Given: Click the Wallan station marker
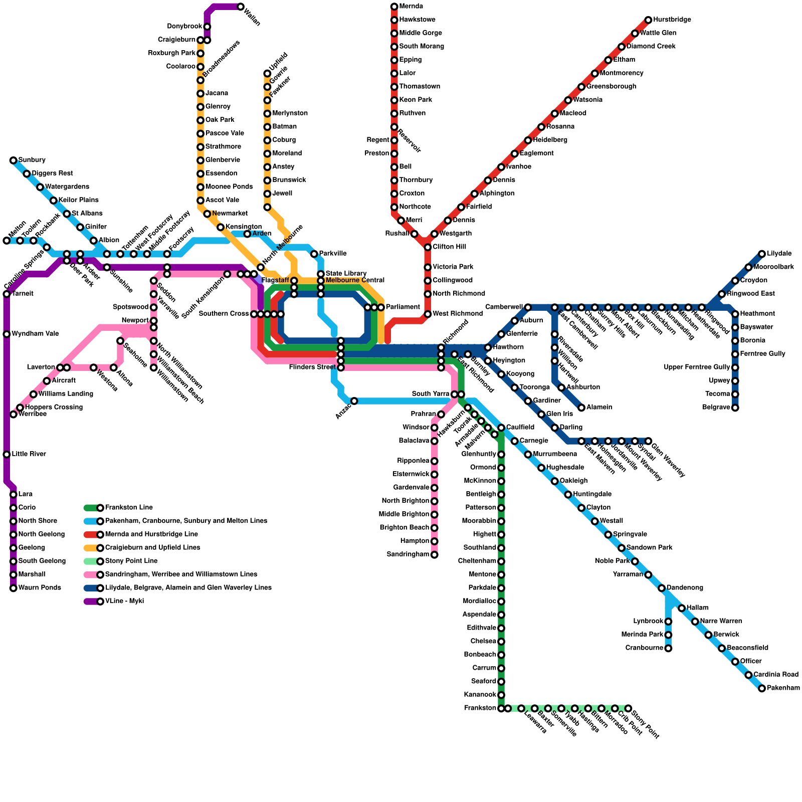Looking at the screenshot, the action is point(241,7).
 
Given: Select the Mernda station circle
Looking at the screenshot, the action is point(394,7).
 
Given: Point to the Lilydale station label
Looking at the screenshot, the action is point(779,254).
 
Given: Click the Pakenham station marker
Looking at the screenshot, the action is point(762,688).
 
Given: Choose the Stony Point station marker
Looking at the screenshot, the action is point(628,708).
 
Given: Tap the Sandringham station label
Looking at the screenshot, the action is point(408,554).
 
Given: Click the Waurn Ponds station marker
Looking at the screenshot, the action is point(14,588).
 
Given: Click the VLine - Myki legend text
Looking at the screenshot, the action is point(124,601).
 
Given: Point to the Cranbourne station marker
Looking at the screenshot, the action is point(668,648).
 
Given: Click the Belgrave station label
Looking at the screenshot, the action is point(716,408).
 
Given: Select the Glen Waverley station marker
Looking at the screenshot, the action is point(648,441).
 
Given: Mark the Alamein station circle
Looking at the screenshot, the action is point(581,408).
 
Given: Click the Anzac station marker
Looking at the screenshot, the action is point(354,401).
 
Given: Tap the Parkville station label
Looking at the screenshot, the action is point(332,254).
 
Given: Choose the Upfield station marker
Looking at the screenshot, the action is point(267,74).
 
